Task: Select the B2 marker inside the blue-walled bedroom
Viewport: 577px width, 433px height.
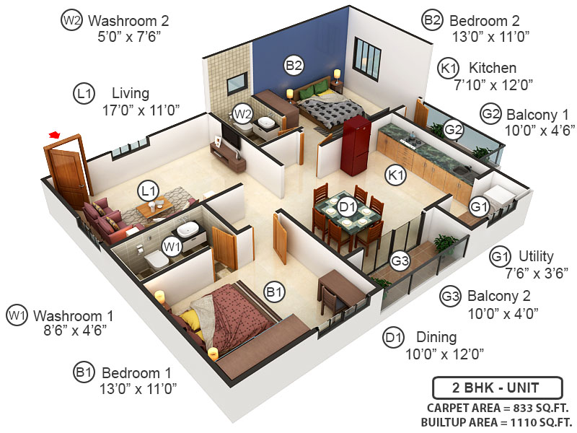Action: pyautogui.click(x=293, y=65)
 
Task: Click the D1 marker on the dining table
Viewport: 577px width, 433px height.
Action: pyautogui.click(x=348, y=207)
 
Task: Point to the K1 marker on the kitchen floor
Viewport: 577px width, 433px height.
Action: pyautogui.click(x=396, y=175)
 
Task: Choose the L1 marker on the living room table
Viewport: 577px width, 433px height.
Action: pyautogui.click(x=149, y=191)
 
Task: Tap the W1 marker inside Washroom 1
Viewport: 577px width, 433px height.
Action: pyautogui.click(x=171, y=247)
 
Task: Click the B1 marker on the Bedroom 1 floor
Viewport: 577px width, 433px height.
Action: pyautogui.click(x=273, y=292)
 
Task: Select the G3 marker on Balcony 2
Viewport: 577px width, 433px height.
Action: pyautogui.click(x=400, y=260)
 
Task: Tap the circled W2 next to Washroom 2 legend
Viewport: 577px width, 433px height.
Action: pyautogui.click(x=71, y=20)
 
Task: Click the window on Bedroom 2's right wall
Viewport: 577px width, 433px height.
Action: pyautogui.click(x=366, y=60)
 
